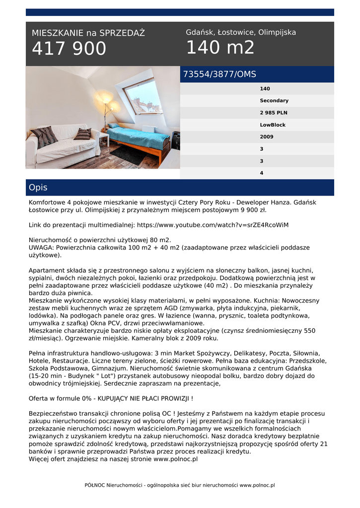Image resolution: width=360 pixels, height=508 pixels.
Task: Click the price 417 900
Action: point(69,49)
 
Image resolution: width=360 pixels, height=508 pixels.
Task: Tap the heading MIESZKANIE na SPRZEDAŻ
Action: point(88,33)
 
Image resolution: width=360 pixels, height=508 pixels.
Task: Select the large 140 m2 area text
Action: point(220,48)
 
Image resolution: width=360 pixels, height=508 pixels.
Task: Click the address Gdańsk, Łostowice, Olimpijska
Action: point(241,32)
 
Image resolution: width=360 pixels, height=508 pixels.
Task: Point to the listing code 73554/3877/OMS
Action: point(219,74)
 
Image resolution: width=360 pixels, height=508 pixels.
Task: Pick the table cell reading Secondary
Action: point(274,101)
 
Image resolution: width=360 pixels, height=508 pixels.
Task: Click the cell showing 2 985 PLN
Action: point(274,113)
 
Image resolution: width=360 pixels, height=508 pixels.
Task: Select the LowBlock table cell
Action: point(273,125)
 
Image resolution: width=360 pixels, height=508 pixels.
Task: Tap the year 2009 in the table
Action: point(267,137)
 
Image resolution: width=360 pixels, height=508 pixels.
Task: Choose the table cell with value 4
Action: point(262,173)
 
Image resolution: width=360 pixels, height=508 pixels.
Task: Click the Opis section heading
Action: point(38,188)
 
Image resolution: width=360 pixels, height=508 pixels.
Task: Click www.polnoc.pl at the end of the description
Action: point(176,459)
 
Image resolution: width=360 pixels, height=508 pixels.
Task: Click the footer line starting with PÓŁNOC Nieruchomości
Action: point(180,485)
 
